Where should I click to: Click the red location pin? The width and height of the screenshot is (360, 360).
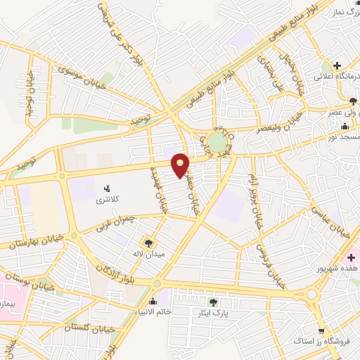point(181,165)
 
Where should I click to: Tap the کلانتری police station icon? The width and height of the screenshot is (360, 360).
point(108,189)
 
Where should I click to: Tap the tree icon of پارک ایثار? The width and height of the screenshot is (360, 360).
point(213,302)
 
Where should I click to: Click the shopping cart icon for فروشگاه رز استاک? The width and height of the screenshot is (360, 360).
point(321,330)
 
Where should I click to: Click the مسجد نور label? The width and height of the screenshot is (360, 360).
point(340,138)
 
